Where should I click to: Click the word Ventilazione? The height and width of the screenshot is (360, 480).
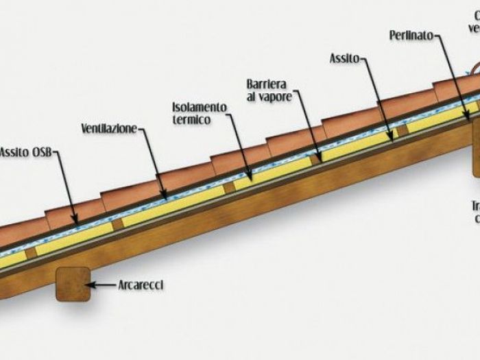(x=109, y=128)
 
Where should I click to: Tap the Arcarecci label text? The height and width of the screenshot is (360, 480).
(x=141, y=283)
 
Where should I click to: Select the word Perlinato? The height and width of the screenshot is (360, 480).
(x=411, y=34)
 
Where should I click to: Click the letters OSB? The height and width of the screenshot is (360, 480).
(x=41, y=152)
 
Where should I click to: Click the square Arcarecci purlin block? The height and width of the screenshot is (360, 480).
(x=72, y=283)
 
